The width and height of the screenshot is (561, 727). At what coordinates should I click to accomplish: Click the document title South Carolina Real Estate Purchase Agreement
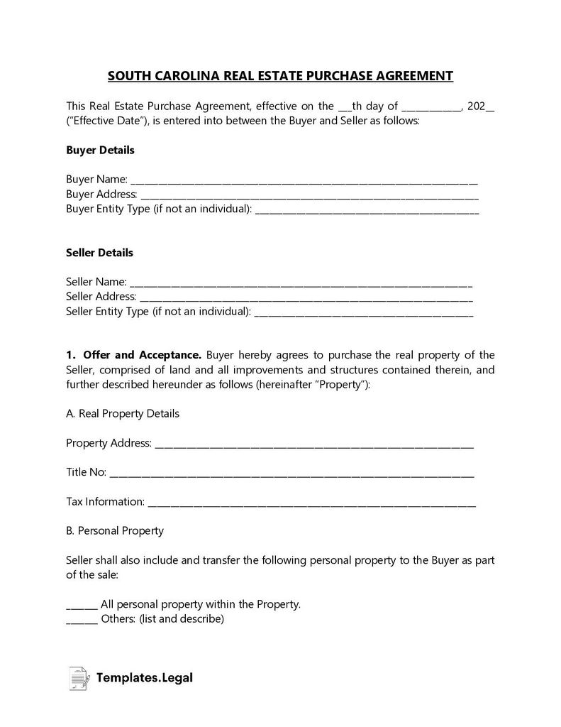point(280,76)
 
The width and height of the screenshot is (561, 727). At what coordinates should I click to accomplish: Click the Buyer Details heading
point(100,151)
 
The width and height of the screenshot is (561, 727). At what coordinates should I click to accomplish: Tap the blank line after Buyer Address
point(309,195)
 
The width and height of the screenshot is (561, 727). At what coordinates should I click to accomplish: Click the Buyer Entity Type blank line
point(366,209)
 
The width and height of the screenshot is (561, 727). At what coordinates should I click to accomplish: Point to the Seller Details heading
point(99,253)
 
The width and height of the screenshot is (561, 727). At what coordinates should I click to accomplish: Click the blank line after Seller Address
point(306,297)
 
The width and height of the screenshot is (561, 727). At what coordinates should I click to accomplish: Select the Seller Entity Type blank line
point(363,312)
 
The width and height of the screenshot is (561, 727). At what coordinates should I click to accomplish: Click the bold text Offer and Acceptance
point(143,355)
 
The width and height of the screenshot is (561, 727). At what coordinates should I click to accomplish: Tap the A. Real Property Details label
point(123,413)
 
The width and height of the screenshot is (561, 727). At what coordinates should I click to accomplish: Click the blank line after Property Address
point(313,444)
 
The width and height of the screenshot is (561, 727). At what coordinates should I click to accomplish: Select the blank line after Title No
point(292,473)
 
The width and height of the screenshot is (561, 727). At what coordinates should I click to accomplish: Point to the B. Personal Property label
point(115,530)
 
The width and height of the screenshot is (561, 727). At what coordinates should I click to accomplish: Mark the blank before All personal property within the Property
point(82,605)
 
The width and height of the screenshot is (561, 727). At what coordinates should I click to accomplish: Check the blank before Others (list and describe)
point(82,620)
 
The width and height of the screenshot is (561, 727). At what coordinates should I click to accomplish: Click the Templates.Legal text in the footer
point(145,678)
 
